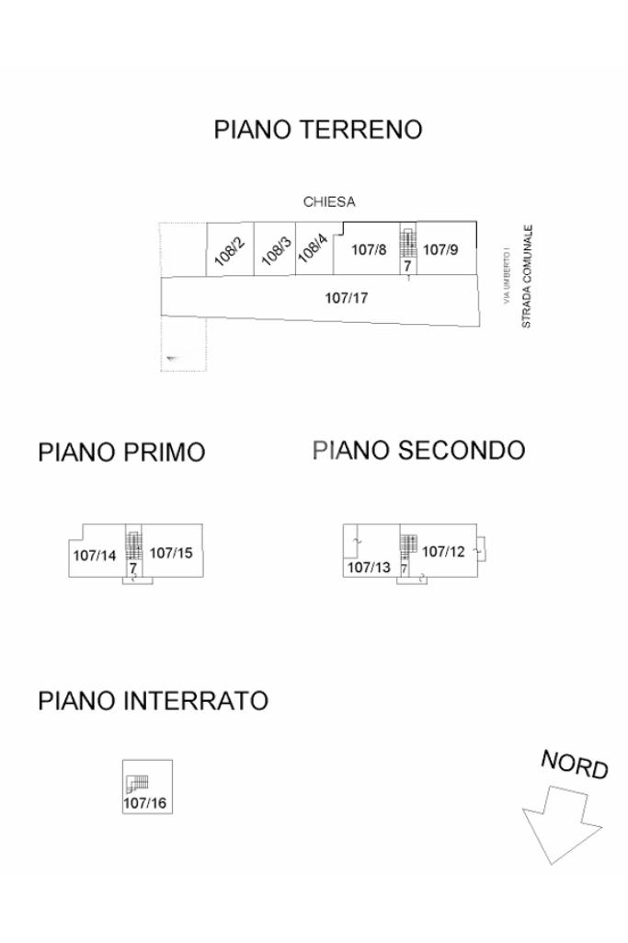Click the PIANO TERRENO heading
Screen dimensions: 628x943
click(x=318, y=130)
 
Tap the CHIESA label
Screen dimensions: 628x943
click(x=329, y=201)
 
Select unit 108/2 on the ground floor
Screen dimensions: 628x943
click(x=230, y=249)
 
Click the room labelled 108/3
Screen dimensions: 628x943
click(x=275, y=249)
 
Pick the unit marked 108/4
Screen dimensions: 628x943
click(x=314, y=249)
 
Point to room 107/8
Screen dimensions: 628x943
click(x=368, y=249)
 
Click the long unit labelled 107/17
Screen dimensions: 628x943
click(x=346, y=298)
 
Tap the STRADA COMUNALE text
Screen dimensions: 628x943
click(x=527, y=276)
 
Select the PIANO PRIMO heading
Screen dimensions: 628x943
click(x=121, y=453)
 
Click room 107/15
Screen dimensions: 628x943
click(x=172, y=551)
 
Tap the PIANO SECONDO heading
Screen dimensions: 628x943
click(x=419, y=450)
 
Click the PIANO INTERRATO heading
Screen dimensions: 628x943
click(x=154, y=701)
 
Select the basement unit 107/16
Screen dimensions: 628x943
click(x=147, y=787)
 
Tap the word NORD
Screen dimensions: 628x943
click(x=575, y=765)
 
